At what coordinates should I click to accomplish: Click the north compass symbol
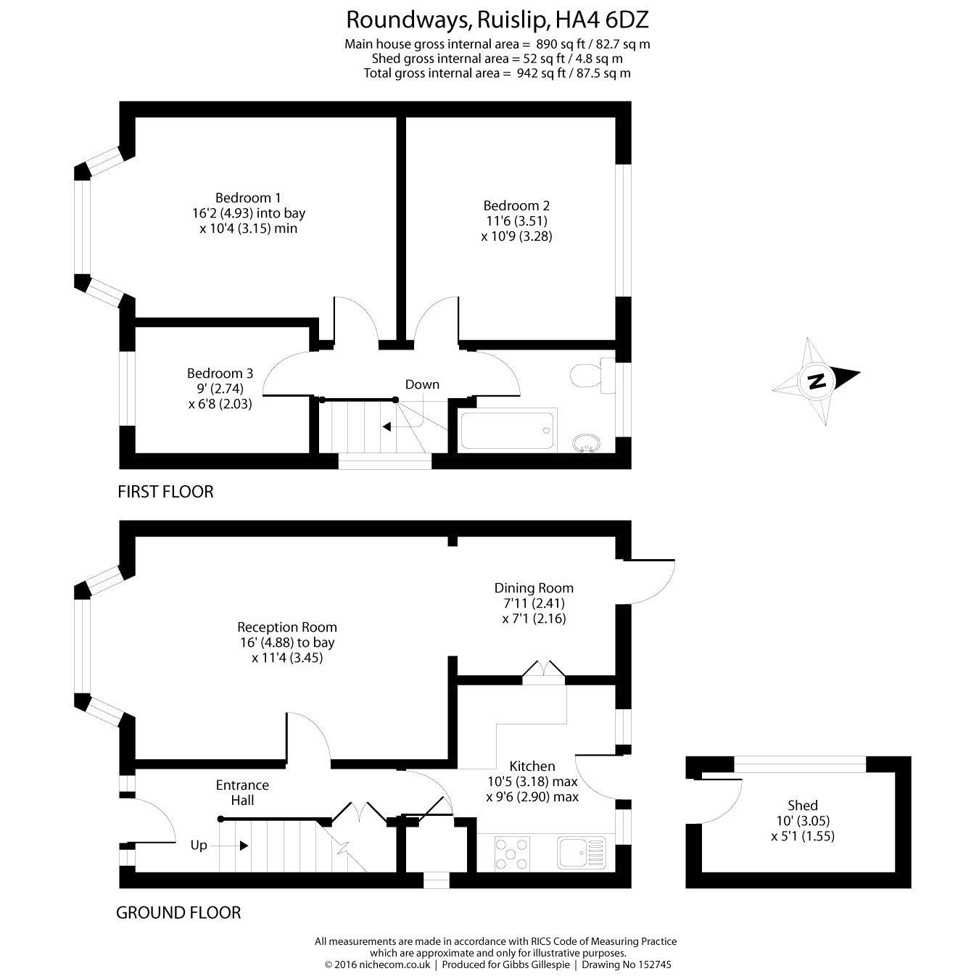[x=817, y=380]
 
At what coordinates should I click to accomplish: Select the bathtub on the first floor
[x=508, y=430]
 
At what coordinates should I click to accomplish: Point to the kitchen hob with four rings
[x=512, y=853]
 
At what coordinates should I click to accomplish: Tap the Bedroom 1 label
[x=248, y=197]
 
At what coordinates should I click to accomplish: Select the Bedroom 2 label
[x=516, y=205]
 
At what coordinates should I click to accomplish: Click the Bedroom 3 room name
[x=220, y=373]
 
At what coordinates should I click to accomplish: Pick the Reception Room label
[x=287, y=627]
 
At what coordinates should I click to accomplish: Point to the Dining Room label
[x=534, y=588]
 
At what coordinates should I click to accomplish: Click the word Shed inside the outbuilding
[x=803, y=805]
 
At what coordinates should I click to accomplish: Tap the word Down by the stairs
[x=422, y=384]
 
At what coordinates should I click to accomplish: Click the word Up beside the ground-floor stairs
[x=199, y=846]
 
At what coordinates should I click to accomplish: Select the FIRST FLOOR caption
[x=165, y=492]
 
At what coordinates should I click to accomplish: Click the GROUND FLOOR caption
[x=178, y=912]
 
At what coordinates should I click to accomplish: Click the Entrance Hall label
[x=242, y=793]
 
